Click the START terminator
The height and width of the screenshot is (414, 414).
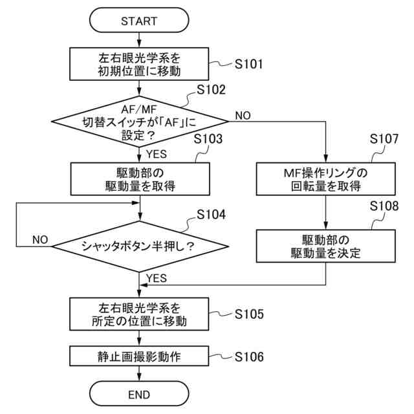click(x=139, y=20)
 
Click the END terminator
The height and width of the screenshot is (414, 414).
click(x=139, y=394)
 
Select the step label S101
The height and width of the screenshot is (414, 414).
click(x=248, y=64)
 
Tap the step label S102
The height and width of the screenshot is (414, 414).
click(x=211, y=90)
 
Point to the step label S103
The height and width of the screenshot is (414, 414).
click(x=208, y=139)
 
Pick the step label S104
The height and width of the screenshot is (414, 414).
click(x=211, y=214)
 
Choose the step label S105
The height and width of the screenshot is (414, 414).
click(x=249, y=314)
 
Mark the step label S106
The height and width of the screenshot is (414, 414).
click(x=249, y=356)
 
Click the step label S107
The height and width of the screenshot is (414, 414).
click(x=384, y=139)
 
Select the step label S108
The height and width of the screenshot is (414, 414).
click(x=384, y=206)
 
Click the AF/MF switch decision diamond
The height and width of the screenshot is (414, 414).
click(x=140, y=122)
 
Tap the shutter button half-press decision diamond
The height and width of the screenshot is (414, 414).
click(x=140, y=246)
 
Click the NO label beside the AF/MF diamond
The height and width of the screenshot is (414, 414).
click(x=243, y=116)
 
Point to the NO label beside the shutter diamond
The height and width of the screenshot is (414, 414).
click(x=40, y=240)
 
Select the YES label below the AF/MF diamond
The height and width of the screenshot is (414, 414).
click(x=157, y=154)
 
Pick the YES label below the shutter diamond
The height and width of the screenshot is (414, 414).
click(x=157, y=278)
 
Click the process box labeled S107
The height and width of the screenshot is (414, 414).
click(x=326, y=179)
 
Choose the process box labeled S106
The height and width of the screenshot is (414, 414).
click(x=139, y=356)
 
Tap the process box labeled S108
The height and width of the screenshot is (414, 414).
click(x=326, y=246)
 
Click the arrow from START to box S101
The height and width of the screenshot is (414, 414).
click(x=139, y=40)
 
